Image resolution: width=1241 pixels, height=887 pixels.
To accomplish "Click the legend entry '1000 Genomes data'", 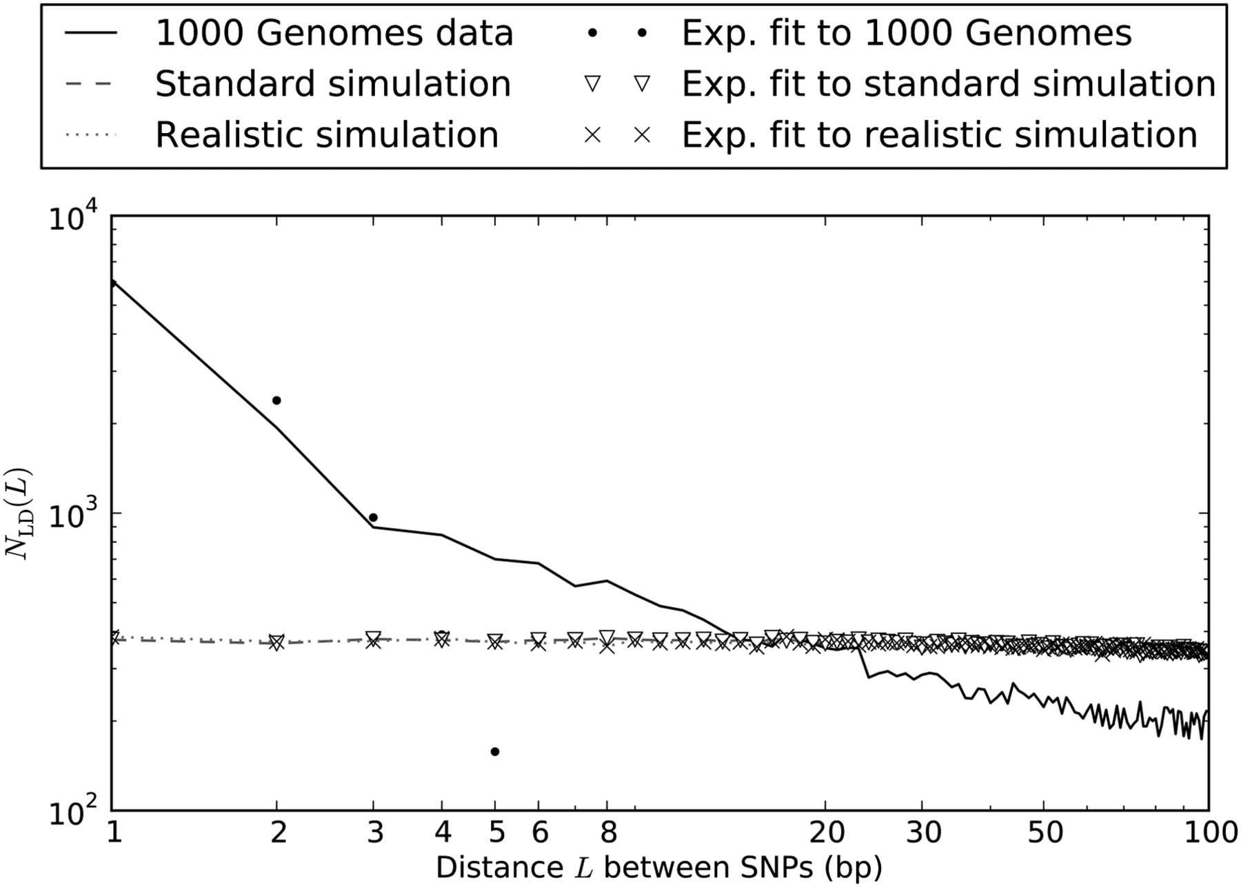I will coord(334,33).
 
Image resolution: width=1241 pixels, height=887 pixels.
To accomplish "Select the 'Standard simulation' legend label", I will coord(333,84).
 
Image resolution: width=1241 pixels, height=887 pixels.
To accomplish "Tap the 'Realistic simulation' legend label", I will coord(327,134).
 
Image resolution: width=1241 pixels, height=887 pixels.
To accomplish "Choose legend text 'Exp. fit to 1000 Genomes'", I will coord(907,33).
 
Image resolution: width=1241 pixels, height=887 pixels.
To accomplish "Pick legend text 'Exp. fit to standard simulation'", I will coord(949,84).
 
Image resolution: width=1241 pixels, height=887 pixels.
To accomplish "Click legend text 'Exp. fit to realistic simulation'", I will coord(940,134).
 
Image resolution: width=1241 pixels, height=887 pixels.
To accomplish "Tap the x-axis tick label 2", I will coord(277,833).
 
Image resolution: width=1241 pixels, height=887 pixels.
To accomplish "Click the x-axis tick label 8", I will coord(607,833).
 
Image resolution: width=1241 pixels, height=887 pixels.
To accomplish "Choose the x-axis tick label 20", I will coord(826,833).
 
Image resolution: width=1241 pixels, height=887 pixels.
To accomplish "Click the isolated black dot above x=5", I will coord(494,751).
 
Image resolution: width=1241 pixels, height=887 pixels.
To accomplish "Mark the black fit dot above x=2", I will coord(276,400).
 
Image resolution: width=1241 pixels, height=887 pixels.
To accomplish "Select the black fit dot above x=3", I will coord(373,518).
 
